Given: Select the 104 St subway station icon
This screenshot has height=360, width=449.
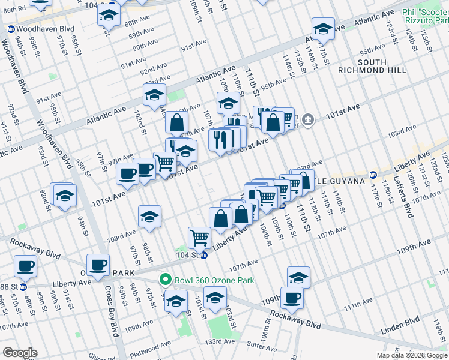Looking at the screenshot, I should click(204, 255).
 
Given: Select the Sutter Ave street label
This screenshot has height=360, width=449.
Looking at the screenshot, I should click(262, 346).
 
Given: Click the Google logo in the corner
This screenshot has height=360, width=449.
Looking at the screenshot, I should click(20, 352).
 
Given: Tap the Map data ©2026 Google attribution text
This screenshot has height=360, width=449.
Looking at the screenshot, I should click(412, 355).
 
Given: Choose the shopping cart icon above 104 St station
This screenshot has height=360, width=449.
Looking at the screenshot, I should click(199, 236).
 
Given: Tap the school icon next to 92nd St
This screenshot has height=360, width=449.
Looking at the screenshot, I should click(65, 196).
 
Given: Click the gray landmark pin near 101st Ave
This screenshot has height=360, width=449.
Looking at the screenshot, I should click(309, 120).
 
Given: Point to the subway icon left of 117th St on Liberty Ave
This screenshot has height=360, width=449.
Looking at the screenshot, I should click(373, 175).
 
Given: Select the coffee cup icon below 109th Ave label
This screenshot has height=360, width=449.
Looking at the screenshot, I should click(292, 297).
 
